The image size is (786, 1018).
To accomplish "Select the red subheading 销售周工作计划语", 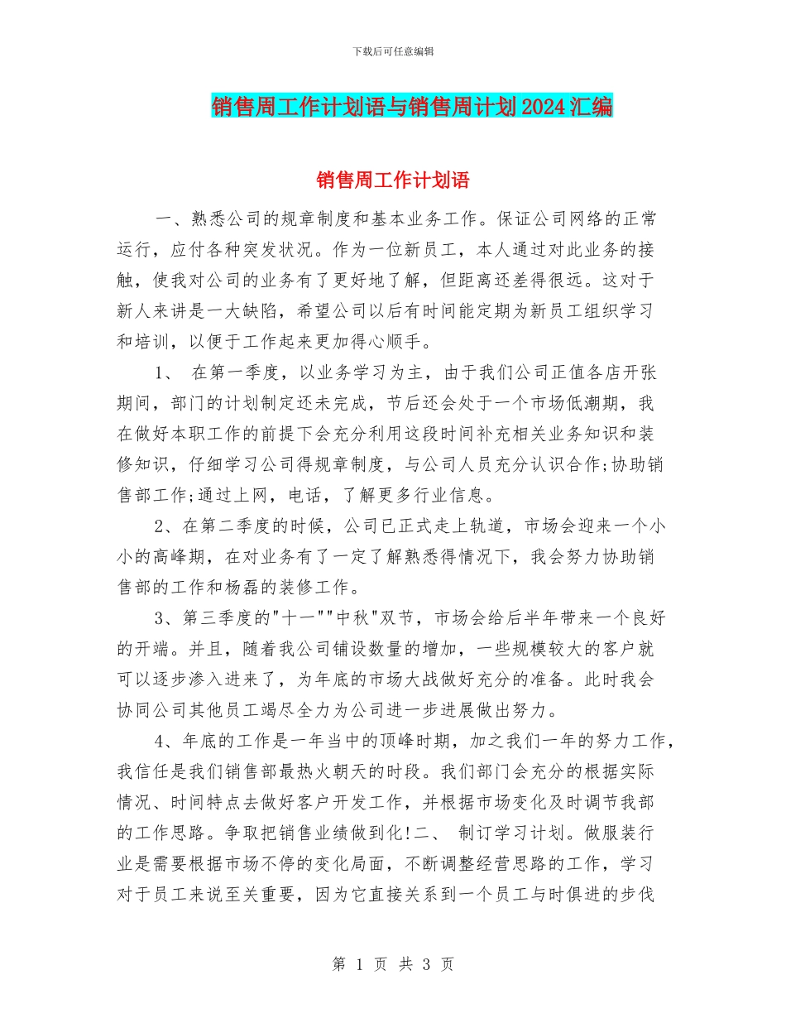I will tap(393, 180).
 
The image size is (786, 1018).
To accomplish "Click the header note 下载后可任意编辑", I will tap(393, 51).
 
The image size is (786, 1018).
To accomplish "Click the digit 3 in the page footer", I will tap(424, 964).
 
